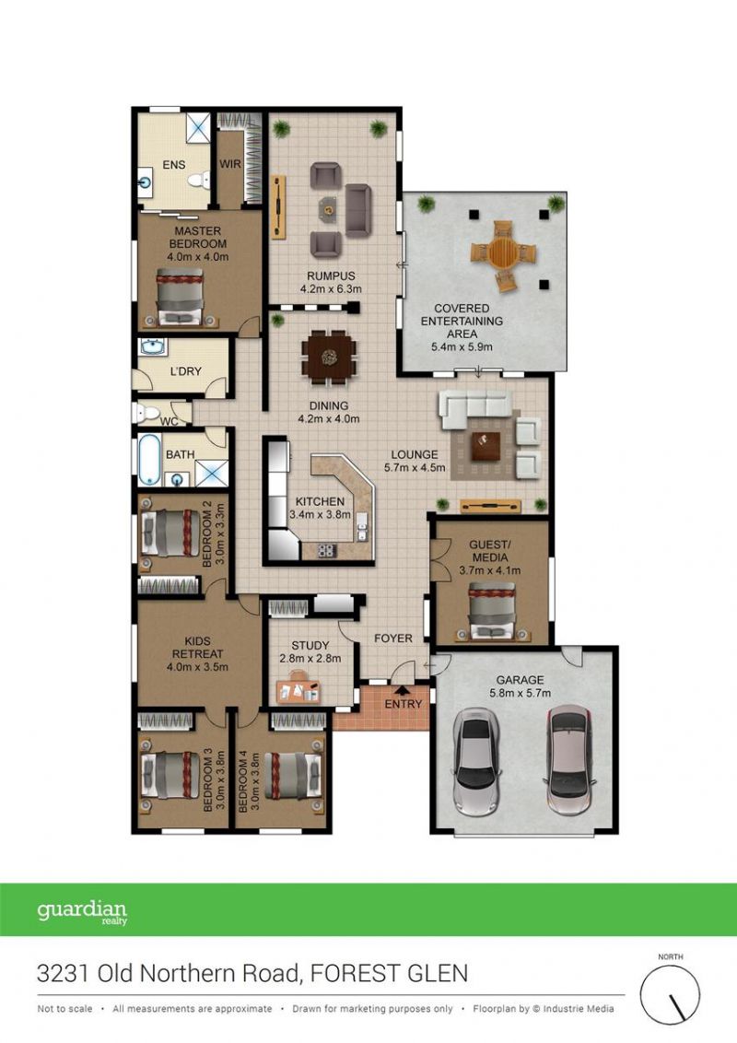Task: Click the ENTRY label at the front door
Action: (x=404, y=704)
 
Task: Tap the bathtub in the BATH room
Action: (x=149, y=459)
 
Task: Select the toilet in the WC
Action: (x=146, y=413)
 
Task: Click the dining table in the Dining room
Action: (x=329, y=357)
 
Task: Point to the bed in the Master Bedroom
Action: (x=180, y=297)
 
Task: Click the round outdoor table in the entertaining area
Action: (x=504, y=252)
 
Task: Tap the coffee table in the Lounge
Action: (x=485, y=446)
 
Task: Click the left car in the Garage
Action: (x=477, y=762)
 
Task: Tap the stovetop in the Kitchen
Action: (x=325, y=550)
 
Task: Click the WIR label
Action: (x=230, y=164)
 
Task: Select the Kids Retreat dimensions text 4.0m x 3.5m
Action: (x=197, y=666)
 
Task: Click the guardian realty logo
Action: (x=82, y=912)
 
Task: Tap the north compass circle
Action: (x=670, y=995)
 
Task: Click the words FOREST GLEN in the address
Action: (x=389, y=974)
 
